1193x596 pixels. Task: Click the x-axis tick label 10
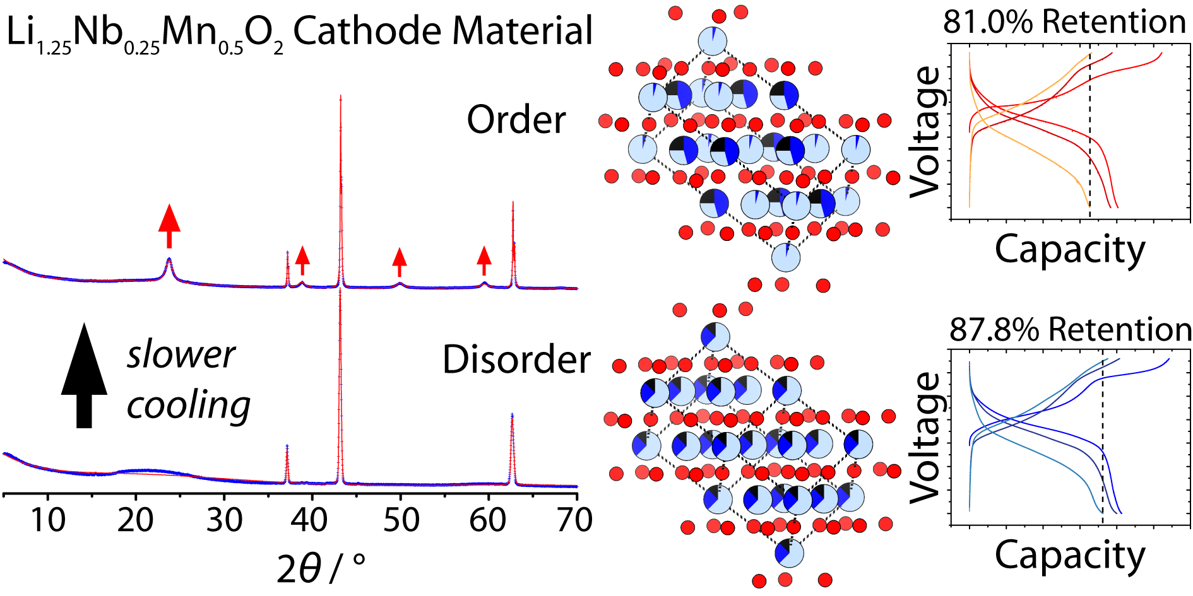pyautogui.click(x=48, y=520)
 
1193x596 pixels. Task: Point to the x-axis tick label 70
pyautogui.click(x=575, y=520)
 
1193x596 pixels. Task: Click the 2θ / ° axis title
pyautogui.click(x=321, y=569)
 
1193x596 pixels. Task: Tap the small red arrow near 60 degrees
pyautogui.click(x=484, y=260)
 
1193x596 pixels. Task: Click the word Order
pyautogui.click(x=516, y=120)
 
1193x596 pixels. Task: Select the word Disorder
pyautogui.click(x=516, y=360)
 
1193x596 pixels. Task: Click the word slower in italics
pyautogui.click(x=181, y=354)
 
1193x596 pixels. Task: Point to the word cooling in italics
pyautogui.click(x=188, y=406)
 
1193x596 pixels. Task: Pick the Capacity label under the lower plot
pyautogui.click(x=1070, y=555)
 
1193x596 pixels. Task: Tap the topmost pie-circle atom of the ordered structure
pyautogui.click(x=713, y=41)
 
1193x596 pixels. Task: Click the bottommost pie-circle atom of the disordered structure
pyautogui.click(x=789, y=553)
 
